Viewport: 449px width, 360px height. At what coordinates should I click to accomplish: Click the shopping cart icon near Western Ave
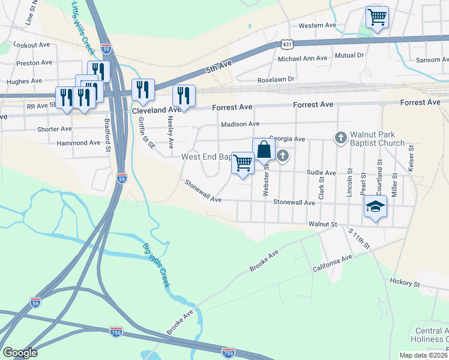click(377, 17)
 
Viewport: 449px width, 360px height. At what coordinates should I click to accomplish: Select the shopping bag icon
click(264, 149)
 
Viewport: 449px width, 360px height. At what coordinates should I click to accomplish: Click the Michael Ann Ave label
click(303, 59)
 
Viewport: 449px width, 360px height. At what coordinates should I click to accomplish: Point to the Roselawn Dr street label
click(276, 79)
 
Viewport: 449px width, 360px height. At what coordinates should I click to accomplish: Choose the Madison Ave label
click(240, 124)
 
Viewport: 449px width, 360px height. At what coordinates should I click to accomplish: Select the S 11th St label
click(359, 239)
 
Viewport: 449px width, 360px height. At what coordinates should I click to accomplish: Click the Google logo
click(20, 353)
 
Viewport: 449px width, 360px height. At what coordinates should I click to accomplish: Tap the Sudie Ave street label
click(321, 172)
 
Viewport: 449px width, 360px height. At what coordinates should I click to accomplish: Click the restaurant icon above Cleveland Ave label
click(143, 90)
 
